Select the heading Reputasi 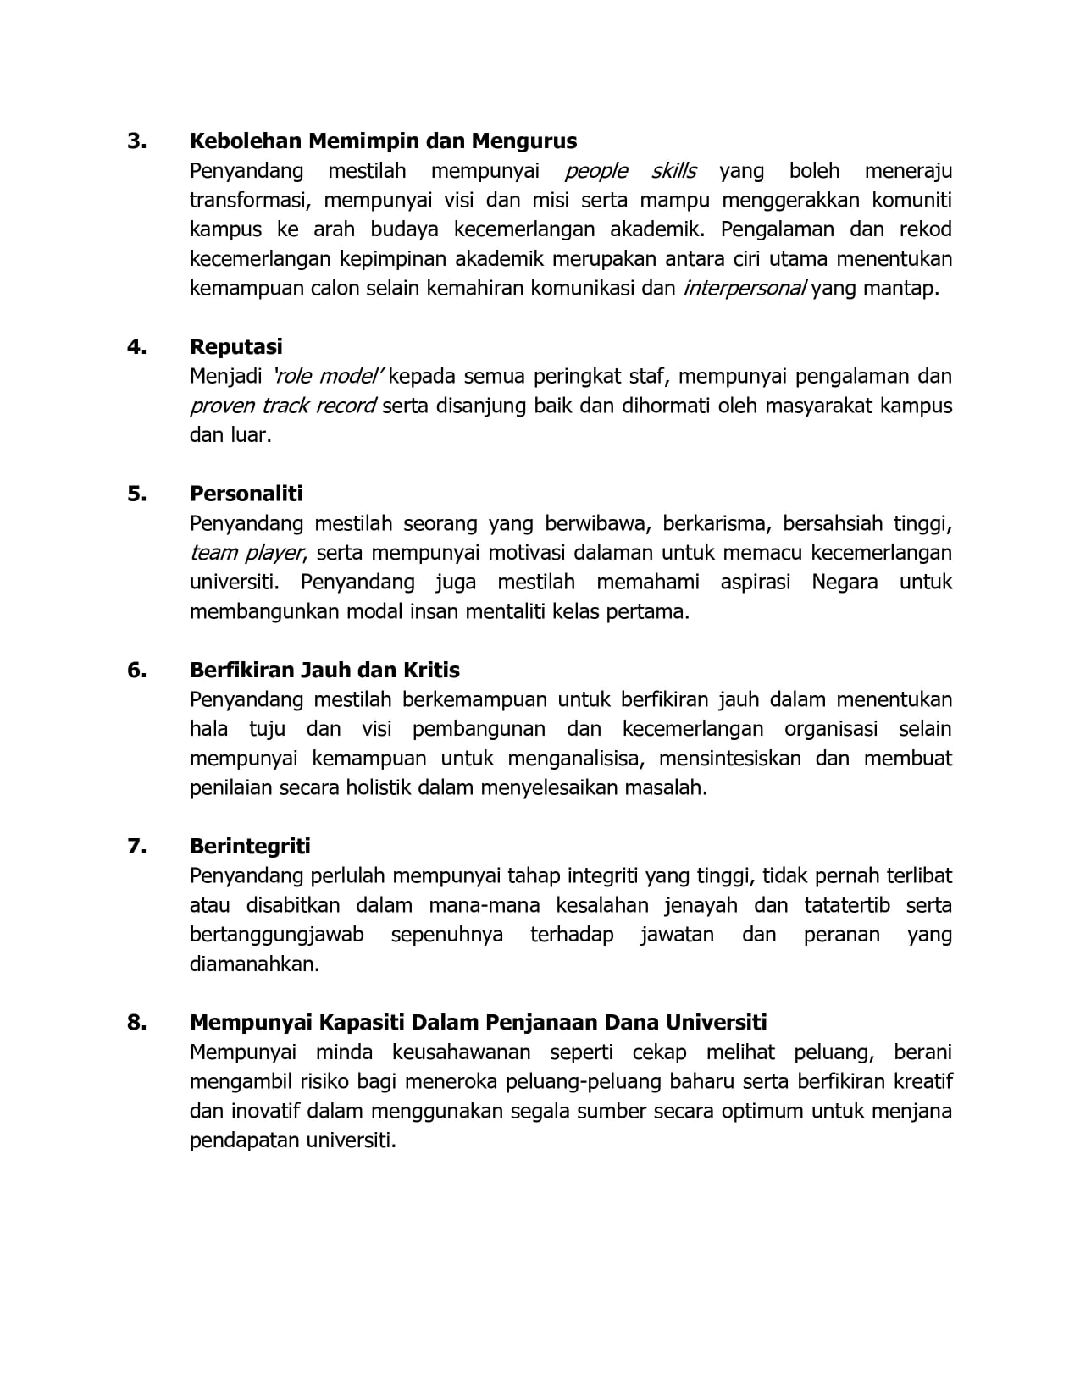click(236, 347)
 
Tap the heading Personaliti click(246, 494)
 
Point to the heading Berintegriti click(250, 847)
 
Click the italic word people click(596, 171)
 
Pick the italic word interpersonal click(745, 289)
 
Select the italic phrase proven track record click(283, 406)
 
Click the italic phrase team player click(246, 554)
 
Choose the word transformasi click(251, 201)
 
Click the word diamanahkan click(254, 964)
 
